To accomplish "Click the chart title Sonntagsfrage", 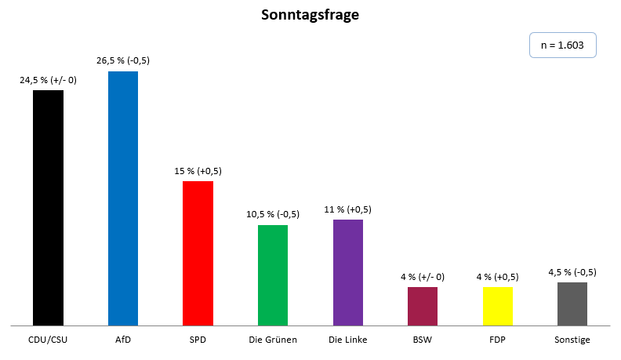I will (310, 16).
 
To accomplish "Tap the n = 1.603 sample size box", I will (563, 45).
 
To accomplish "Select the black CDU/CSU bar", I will (48, 207).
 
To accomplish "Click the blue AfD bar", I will (123, 198).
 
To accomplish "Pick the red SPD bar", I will (198, 253).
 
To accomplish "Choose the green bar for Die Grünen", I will (273, 275).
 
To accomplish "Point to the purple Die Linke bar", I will (348, 272).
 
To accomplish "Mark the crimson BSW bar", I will (423, 306).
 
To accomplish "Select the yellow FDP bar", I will (498, 306).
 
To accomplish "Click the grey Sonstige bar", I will (572, 304).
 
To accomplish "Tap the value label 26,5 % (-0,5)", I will (123, 60).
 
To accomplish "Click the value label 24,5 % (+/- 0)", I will (48, 79).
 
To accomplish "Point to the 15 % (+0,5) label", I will (198, 170).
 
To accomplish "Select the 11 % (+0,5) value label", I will (348, 209).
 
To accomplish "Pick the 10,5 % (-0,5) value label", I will (273, 214).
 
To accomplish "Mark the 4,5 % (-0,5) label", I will (572, 271).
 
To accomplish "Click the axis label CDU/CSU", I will (48, 340).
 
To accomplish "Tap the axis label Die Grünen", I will (273, 340).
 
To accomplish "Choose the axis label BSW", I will (423, 340).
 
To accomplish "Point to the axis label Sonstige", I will (572, 340).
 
